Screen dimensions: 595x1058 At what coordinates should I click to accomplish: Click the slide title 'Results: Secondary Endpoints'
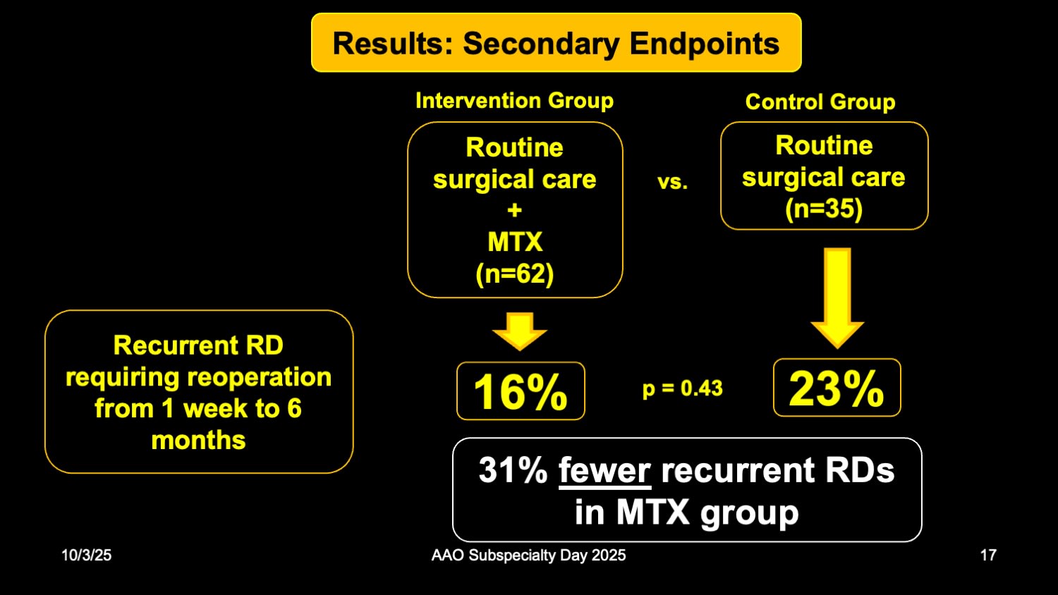click(x=556, y=43)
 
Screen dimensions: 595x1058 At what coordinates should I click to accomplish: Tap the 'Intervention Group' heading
click(x=514, y=101)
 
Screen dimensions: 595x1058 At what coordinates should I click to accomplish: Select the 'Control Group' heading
click(x=820, y=102)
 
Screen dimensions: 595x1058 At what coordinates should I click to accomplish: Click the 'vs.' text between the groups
click(x=672, y=182)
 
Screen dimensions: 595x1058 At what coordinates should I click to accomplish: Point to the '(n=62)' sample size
click(x=515, y=274)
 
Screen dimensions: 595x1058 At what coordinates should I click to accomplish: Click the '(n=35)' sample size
click(x=824, y=209)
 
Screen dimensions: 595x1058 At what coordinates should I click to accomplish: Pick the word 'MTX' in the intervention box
click(x=515, y=242)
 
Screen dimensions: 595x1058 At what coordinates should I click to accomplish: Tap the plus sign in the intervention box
click(x=515, y=210)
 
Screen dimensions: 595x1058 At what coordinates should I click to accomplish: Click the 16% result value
click(x=521, y=391)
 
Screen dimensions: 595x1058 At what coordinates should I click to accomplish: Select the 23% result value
click(x=837, y=388)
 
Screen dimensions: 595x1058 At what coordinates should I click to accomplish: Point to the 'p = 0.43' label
click(x=682, y=388)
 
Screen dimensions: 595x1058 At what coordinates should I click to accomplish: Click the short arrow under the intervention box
click(x=520, y=331)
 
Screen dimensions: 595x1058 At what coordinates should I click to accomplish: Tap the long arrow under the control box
click(x=837, y=296)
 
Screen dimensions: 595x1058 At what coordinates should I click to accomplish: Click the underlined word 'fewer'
click(x=604, y=470)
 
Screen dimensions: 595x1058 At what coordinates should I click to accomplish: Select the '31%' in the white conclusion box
click(x=513, y=470)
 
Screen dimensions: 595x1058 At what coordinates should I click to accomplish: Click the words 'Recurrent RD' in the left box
click(x=198, y=345)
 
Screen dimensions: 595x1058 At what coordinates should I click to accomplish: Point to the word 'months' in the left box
click(x=198, y=440)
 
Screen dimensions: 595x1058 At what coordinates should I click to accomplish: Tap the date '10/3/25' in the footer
click(x=86, y=555)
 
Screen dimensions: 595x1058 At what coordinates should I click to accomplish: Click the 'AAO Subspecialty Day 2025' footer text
click(x=528, y=555)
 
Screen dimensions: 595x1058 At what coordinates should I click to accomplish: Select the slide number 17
click(x=988, y=555)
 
